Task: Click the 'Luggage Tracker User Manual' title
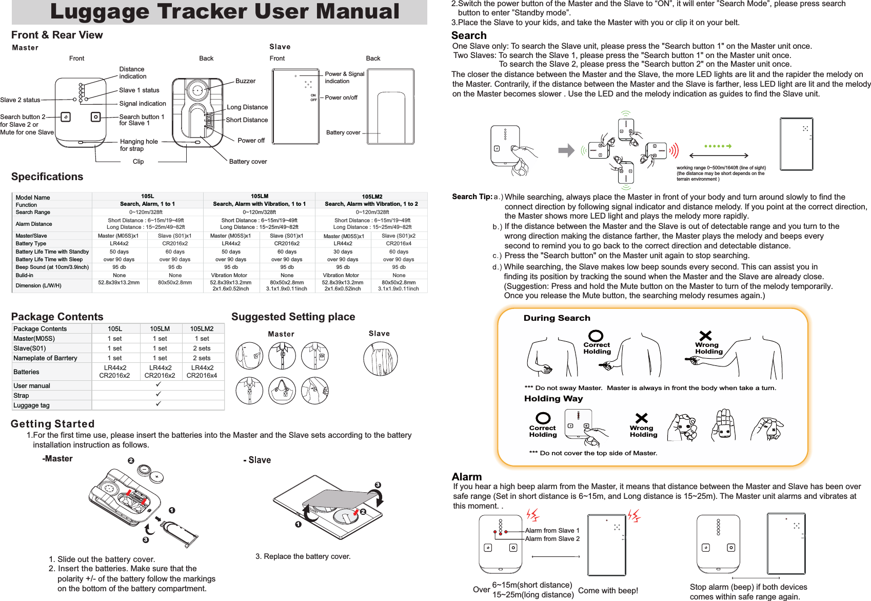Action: pyautogui.click(x=224, y=12)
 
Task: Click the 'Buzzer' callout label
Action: pyautogui.click(x=245, y=81)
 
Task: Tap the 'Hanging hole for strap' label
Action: pyautogui.click(x=138, y=145)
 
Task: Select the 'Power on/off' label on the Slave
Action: pyautogui.click(x=341, y=98)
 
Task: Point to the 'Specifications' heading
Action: pyautogui.click(x=47, y=177)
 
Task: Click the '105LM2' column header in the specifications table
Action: pyautogui.click(x=372, y=197)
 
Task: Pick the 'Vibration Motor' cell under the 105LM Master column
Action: pyautogui.click(x=229, y=275)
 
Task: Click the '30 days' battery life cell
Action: pyautogui.click(x=343, y=251)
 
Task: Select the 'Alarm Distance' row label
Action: pyautogui.click(x=34, y=224)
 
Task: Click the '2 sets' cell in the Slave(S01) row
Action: pyautogui.click(x=202, y=348)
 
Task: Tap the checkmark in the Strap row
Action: pyautogui.click(x=159, y=394)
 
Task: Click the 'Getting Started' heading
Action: pyautogui.click(x=53, y=424)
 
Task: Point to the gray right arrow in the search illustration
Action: pyautogui.click(x=566, y=150)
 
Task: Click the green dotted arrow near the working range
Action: pyautogui.click(x=718, y=146)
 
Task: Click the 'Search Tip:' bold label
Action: pyautogui.click(x=472, y=197)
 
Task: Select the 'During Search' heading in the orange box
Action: pyautogui.click(x=557, y=318)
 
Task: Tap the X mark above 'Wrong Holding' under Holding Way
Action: pyautogui.click(x=641, y=418)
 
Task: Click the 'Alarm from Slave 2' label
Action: pyautogui.click(x=552, y=539)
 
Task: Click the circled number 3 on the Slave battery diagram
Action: pyautogui.click(x=378, y=485)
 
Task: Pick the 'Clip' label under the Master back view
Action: pyautogui.click(x=138, y=162)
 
